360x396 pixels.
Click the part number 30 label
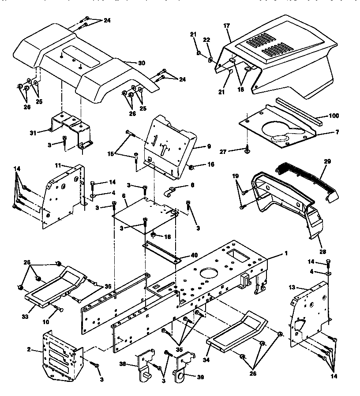point(141,63)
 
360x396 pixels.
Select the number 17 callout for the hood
point(227,26)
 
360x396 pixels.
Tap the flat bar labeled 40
point(161,252)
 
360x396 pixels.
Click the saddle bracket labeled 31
point(71,128)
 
